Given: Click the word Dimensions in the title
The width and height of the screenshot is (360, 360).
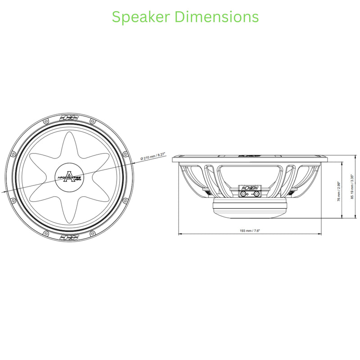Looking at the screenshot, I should point(216,17).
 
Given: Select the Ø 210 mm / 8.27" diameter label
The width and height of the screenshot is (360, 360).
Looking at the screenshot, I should point(153,157).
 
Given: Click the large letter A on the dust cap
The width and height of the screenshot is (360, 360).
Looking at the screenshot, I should point(69,175).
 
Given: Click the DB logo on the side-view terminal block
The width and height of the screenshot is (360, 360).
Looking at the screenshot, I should point(249,187).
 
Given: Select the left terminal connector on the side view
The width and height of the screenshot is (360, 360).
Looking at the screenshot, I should point(243,194).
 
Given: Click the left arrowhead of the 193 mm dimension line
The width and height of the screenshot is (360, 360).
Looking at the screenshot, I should point(180,234).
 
